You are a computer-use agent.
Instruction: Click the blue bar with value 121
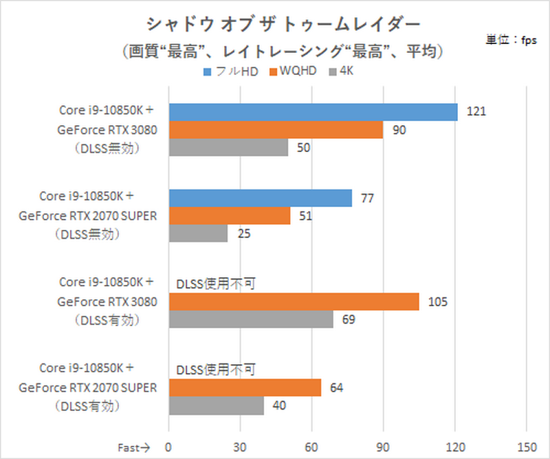click(x=313, y=111)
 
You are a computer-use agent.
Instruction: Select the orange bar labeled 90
click(x=276, y=129)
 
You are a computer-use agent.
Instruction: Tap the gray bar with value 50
click(x=228, y=147)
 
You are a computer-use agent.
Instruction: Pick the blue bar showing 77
click(x=261, y=198)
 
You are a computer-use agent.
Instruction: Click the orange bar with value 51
click(x=230, y=216)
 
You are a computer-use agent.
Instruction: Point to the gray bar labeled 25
click(x=198, y=234)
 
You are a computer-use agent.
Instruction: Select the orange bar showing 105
click(x=294, y=301)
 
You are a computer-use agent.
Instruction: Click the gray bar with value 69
click(x=251, y=319)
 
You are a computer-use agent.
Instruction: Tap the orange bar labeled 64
click(x=245, y=388)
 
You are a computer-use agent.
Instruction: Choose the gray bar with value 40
click(x=216, y=406)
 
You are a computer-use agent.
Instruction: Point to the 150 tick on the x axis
click(x=526, y=446)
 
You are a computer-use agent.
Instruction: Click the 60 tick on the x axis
click(x=311, y=446)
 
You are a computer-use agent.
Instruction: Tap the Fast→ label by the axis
click(x=134, y=446)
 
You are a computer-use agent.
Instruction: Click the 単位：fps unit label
click(x=512, y=40)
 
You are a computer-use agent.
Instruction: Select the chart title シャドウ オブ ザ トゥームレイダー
click(x=283, y=24)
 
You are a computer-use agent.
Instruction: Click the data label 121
click(x=476, y=111)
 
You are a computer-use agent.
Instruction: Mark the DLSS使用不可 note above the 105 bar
click(x=216, y=284)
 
